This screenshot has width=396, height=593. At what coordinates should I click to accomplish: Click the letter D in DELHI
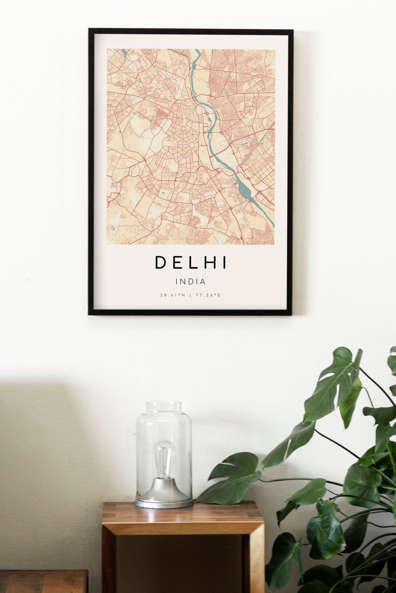click(x=161, y=263)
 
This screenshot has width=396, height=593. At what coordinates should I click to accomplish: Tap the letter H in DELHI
click(x=208, y=263)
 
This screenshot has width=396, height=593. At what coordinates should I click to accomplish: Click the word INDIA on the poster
click(x=191, y=282)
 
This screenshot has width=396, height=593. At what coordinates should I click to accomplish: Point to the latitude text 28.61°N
click(x=173, y=295)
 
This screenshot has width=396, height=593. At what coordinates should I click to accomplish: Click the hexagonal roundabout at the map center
click(x=190, y=145)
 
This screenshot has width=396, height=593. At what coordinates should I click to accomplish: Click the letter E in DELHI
click(x=177, y=263)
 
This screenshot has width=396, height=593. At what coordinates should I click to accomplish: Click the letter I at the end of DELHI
click(x=224, y=263)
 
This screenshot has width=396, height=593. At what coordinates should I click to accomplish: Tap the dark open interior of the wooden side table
click(x=181, y=562)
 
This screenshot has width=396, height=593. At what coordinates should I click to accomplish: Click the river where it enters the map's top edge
click(x=198, y=51)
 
